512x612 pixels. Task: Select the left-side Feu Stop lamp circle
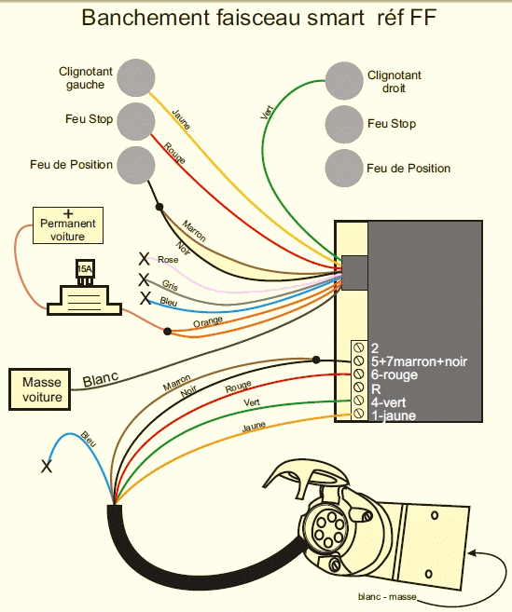click(136, 119)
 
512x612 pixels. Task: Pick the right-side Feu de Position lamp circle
click(344, 168)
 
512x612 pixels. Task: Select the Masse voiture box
click(42, 388)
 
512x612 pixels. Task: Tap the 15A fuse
click(84, 272)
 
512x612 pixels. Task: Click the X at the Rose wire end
click(144, 258)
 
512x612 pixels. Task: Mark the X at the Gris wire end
click(143, 279)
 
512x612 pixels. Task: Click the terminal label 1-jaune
click(393, 415)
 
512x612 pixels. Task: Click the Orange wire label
click(208, 322)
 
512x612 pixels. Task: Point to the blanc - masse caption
click(388, 596)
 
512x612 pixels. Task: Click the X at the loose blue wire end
click(47, 467)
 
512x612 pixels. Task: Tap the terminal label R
click(375, 388)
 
